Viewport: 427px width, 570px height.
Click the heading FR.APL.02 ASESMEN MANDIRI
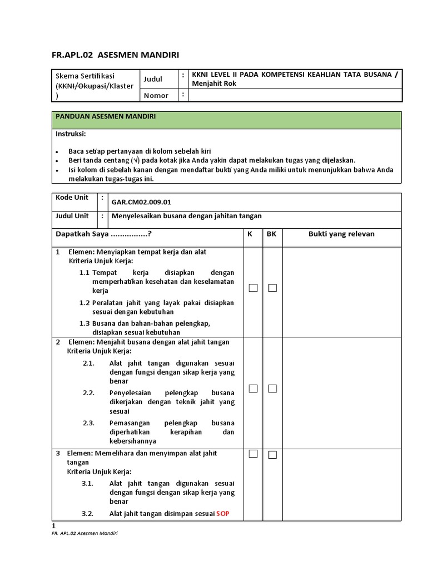[x=116, y=55]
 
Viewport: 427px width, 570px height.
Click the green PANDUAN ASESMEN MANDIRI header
[x=105, y=116]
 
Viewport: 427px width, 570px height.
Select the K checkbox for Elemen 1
[x=254, y=288]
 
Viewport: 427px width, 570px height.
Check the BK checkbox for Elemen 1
[x=272, y=288]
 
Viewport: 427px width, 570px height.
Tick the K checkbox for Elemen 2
[x=254, y=389]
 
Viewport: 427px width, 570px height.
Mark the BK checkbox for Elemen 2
[x=272, y=389]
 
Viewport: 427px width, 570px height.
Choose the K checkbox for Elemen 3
[x=254, y=454]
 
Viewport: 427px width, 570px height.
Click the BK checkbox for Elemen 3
[x=272, y=455]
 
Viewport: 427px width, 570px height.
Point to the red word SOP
[x=222, y=514]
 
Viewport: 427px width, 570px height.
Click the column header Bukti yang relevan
[x=341, y=234]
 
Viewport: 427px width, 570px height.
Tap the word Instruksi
[x=71, y=134]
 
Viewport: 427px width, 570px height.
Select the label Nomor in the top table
[x=156, y=95]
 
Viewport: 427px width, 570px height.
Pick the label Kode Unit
[x=72, y=198]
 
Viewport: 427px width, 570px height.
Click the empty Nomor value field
[x=295, y=95]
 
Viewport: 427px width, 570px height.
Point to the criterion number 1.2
[x=85, y=303]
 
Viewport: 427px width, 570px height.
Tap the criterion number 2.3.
[x=89, y=423]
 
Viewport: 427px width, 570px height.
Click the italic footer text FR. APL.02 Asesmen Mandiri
[x=85, y=533]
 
